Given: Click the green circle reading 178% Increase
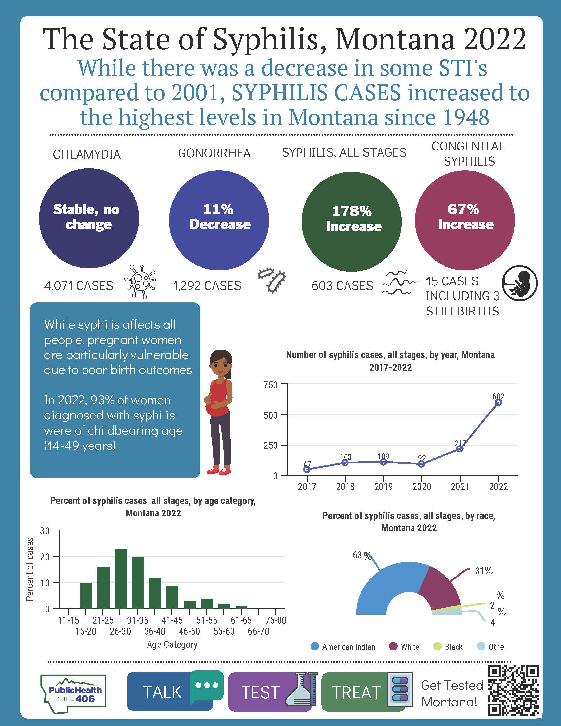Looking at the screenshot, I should coord(351,221).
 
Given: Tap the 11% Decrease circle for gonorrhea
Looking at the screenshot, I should coord(219,220).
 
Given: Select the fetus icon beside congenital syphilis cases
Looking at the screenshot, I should coord(519,283).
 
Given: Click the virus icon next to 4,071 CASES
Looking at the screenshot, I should coord(140,281).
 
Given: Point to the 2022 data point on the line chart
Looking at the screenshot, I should coord(498,402).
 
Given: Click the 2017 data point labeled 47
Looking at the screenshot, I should coord(307,469).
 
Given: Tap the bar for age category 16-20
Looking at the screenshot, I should coord(86,595).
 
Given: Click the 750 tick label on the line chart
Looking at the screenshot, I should coord(270,385).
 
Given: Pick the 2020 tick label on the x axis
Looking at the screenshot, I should coord(422,487).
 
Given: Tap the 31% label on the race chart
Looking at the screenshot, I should coord(483,571).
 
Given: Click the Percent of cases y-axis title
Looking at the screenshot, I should coord(30,570).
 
